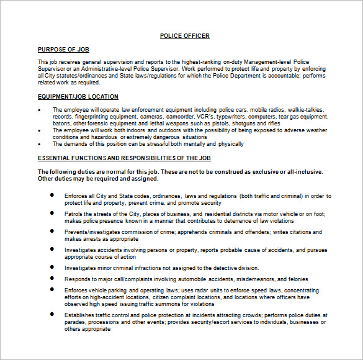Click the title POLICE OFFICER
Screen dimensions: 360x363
[184, 36]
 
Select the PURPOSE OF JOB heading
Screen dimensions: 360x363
[64, 49]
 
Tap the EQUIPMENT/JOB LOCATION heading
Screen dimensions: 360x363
[78, 97]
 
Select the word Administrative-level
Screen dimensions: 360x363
[99, 69]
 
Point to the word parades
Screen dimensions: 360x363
[76, 322]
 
